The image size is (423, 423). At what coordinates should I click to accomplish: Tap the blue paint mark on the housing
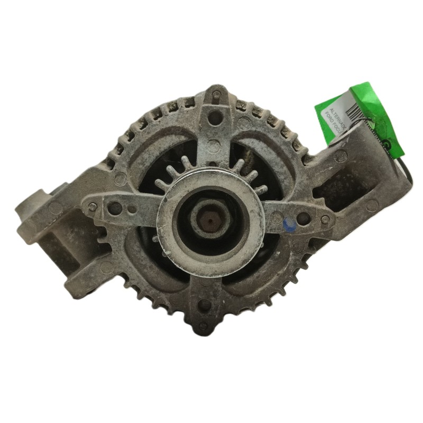click(x=289, y=226)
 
